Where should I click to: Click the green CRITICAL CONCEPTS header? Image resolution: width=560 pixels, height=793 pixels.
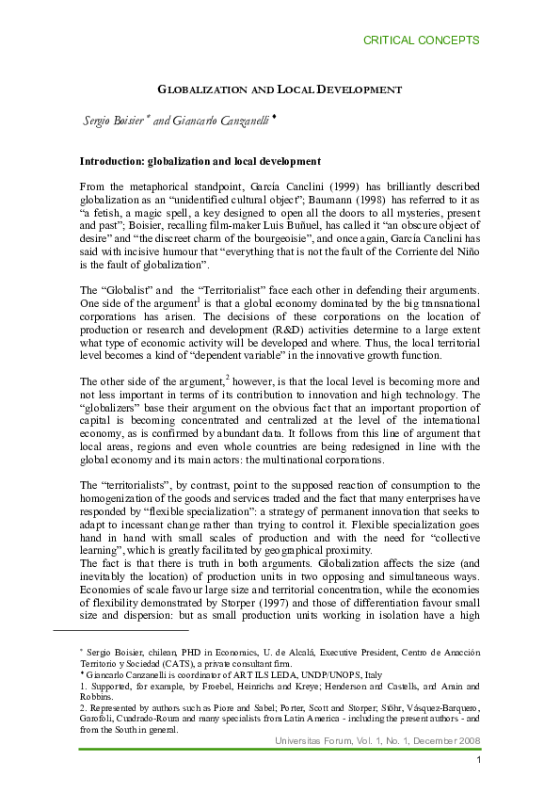click(421, 40)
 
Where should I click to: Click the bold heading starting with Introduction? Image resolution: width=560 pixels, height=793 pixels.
click(200, 161)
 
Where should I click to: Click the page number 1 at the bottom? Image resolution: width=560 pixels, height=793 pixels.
click(478, 760)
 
